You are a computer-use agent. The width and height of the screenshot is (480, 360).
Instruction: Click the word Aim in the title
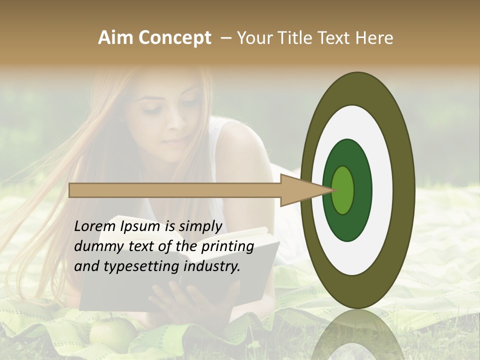point(115,38)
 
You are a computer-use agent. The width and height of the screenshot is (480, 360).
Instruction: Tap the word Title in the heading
point(297,38)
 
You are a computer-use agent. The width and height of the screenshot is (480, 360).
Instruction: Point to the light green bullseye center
point(343,190)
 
